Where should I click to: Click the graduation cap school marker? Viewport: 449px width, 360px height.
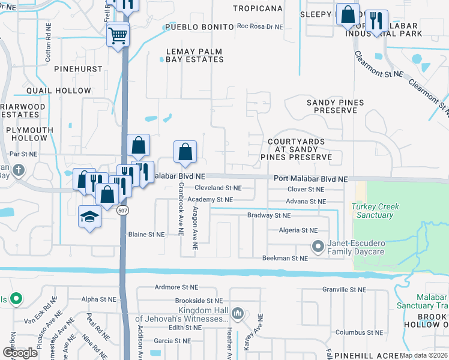tap(89, 217)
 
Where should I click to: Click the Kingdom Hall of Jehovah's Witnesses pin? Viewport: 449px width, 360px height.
tap(238, 314)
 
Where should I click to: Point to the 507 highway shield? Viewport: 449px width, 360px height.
tap(122, 211)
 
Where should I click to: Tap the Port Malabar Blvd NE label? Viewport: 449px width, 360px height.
tap(310, 179)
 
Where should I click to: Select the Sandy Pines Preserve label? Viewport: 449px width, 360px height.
tap(336, 107)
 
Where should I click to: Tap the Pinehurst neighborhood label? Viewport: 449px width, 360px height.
tap(78, 70)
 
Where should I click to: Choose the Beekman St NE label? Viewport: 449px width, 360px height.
tap(285, 258)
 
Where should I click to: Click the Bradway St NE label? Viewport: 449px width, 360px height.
tap(269, 215)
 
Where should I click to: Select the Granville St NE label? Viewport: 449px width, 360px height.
tap(343, 290)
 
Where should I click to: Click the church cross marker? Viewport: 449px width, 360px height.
tap(19, 170)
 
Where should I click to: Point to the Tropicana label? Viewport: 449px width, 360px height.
tap(258, 8)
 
